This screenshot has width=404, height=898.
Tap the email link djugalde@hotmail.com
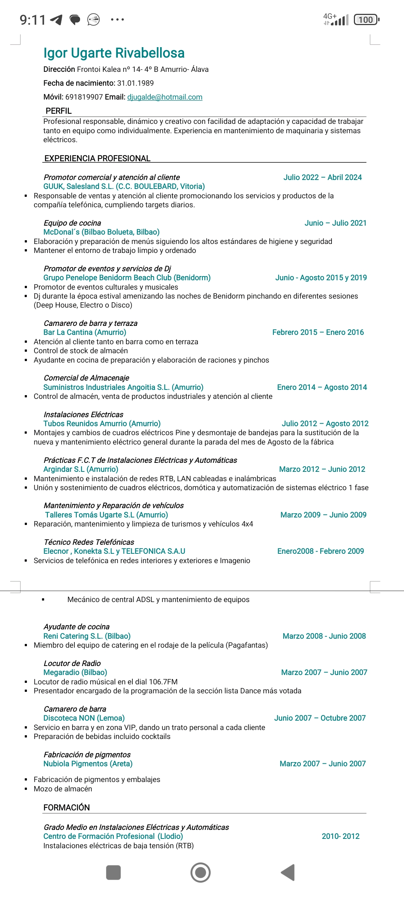pyautogui.click(x=165, y=97)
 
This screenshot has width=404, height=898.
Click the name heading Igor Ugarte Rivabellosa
pyautogui.click(x=114, y=53)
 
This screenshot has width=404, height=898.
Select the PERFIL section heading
pyautogui.click(x=58, y=111)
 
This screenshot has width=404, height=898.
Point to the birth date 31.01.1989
pyautogui.click(x=135, y=83)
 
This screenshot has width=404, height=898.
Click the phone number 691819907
pyautogui.click(x=84, y=97)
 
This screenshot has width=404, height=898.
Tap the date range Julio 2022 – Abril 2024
pyautogui.click(x=322, y=177)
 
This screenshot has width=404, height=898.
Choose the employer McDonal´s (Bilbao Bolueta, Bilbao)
pyautogui.click(x=101, y=232)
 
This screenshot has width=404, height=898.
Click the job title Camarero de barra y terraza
pyautogui.click(x=91, y=323)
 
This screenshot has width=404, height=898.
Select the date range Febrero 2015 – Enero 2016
pyautogui.click(x=318, y=332)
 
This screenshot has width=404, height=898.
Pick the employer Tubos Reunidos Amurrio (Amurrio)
pyautogui.click(x=102, y=424)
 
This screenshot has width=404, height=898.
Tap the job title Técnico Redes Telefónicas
pyautogui.click(x=89, y=542)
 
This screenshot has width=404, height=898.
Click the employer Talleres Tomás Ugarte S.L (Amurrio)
pyautogui.click(x=107, y=515)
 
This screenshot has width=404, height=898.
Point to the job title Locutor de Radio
pyautogui.click(x=72, y=663)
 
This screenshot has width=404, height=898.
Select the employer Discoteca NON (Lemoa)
pyautogui.click(x=84, y=718)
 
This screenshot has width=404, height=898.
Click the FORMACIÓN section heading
pyautogui.click(x=67, y=807)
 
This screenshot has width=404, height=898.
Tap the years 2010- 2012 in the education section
pyautogui.click(x=340, y=836)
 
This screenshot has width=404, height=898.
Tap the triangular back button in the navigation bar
pyautogui.click(x=288, y=873)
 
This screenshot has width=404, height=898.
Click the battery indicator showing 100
pyautogui.click(x=366, y=19)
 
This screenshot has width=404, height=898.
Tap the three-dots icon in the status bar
pyautogui.click(x=117, y=19)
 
